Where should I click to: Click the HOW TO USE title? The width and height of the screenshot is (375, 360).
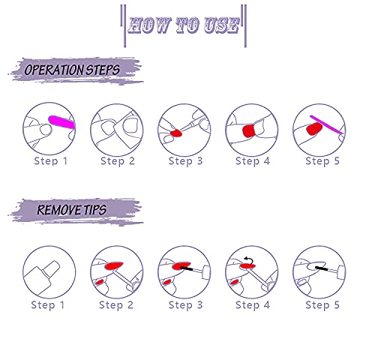(184, 25)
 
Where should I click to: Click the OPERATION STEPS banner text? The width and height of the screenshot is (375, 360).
(72, 70)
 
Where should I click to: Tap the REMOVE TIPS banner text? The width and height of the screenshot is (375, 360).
(72, 210)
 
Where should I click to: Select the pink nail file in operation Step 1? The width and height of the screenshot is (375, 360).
(61, 122)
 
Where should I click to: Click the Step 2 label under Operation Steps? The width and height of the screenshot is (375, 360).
(118, 161)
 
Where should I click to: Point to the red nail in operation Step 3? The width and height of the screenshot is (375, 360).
(176, 133)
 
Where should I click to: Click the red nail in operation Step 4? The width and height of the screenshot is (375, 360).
(249, 131)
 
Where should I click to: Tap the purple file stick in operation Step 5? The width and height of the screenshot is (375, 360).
(326, 124)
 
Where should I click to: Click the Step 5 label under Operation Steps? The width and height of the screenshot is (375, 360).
(322, 161)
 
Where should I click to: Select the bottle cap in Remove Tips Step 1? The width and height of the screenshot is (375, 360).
(51, 268)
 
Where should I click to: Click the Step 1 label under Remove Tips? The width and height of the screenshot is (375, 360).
(48, 305)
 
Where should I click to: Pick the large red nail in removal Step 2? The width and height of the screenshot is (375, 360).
(114, 265)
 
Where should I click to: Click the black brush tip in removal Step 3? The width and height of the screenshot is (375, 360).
(186, 268)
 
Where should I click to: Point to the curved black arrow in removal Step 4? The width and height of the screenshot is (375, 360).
(249, 260)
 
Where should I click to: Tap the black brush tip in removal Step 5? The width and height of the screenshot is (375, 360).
(321, 268)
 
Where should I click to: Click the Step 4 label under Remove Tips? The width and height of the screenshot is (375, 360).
(253, 305)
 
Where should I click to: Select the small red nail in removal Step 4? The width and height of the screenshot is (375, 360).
(234, 282)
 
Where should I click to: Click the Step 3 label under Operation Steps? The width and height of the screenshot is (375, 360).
(185, 161)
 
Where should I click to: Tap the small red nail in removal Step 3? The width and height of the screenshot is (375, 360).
(166, 282)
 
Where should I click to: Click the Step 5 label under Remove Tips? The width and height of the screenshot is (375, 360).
(322, 305)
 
